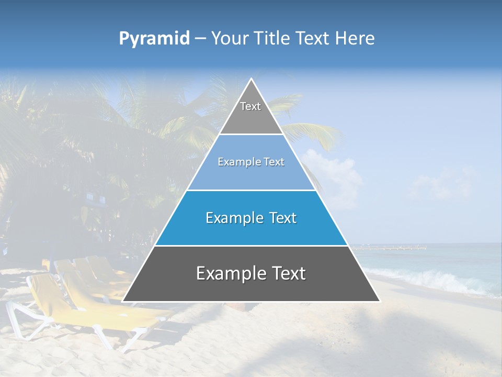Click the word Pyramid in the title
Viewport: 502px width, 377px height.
click(154, 39)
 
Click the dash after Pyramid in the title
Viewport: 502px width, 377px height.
click(200, 39)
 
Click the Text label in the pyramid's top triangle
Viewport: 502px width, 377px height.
click(250, 106)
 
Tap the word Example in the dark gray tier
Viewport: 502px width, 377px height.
click(227, 273)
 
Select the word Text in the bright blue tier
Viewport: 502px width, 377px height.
click(282, 218)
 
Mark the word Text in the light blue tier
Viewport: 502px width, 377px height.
click(273, 162)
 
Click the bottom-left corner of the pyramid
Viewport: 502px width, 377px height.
click(123, 301)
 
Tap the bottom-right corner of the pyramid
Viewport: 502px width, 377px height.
click(380, 301)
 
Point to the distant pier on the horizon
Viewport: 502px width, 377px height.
click(397, 247)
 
